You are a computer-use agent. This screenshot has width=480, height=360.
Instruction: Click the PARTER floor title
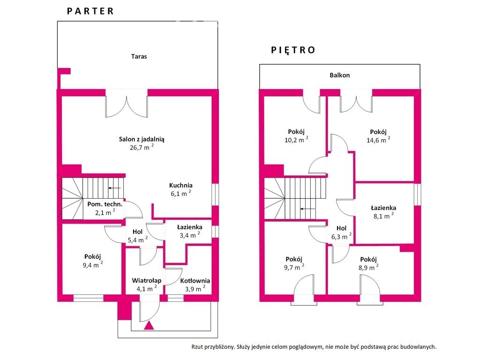90,11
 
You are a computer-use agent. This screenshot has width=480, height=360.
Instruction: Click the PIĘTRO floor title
293,50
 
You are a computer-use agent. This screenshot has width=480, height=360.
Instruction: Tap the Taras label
139,56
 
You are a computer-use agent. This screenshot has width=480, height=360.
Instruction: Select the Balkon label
339,75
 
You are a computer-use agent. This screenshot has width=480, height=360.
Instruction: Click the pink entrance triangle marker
149,326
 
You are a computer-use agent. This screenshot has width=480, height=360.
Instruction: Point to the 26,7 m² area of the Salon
142,147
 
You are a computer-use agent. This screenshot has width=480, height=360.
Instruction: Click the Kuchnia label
180,185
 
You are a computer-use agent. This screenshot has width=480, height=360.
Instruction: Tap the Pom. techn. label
105,204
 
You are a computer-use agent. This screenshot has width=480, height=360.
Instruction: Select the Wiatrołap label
147,280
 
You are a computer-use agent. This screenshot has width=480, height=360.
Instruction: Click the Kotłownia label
195,281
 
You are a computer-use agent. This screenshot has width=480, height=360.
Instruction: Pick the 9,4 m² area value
92,264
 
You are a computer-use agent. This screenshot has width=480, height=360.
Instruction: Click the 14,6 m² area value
378,140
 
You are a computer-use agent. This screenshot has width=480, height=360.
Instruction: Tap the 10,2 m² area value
296,140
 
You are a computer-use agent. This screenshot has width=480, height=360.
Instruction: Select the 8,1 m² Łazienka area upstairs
383,216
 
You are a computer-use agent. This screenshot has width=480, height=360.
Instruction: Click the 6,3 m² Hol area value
341,236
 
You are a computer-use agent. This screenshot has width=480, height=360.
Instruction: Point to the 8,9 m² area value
368,267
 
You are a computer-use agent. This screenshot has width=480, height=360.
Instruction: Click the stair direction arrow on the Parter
114,188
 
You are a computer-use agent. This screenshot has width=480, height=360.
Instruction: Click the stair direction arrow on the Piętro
307,209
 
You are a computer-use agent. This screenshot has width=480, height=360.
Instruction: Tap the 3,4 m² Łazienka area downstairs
190,235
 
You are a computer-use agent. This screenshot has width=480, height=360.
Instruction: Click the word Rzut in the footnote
197,347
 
